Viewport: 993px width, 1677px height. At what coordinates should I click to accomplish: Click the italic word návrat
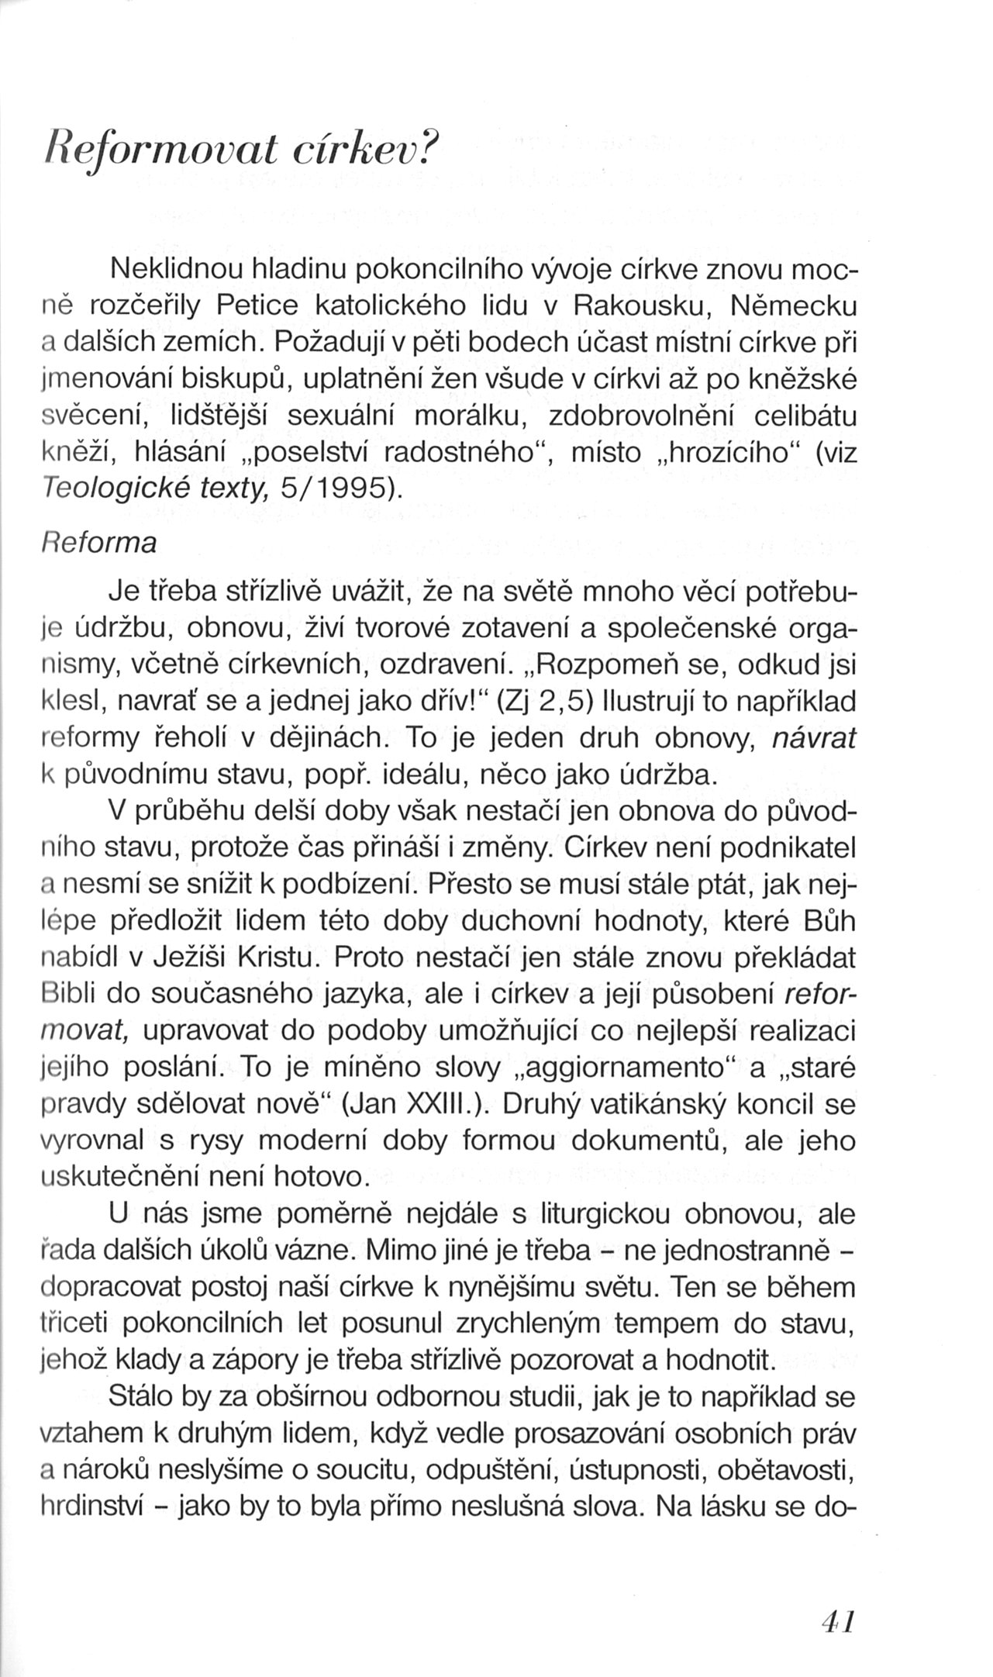coord(815,738)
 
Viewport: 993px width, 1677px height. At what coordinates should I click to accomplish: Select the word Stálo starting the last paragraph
coord(145,1397)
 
